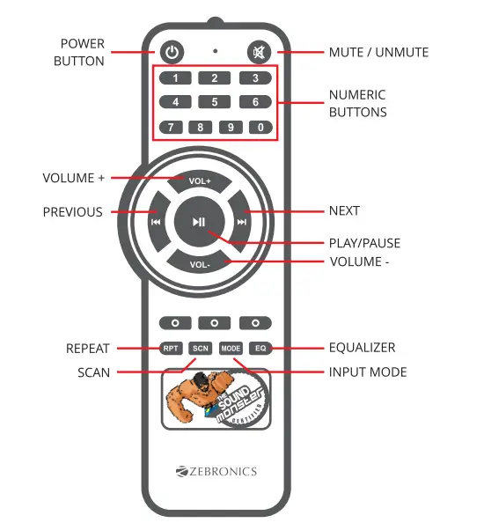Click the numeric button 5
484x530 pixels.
215,102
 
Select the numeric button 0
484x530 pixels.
260,127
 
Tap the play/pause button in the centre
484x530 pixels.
200,222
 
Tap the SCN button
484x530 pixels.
200,349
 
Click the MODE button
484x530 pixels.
231,349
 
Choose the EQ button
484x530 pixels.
260,349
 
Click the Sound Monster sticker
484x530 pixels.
216,399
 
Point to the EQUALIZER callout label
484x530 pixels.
362,348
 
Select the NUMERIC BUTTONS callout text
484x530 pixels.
357,103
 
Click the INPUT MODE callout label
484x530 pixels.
368,372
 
